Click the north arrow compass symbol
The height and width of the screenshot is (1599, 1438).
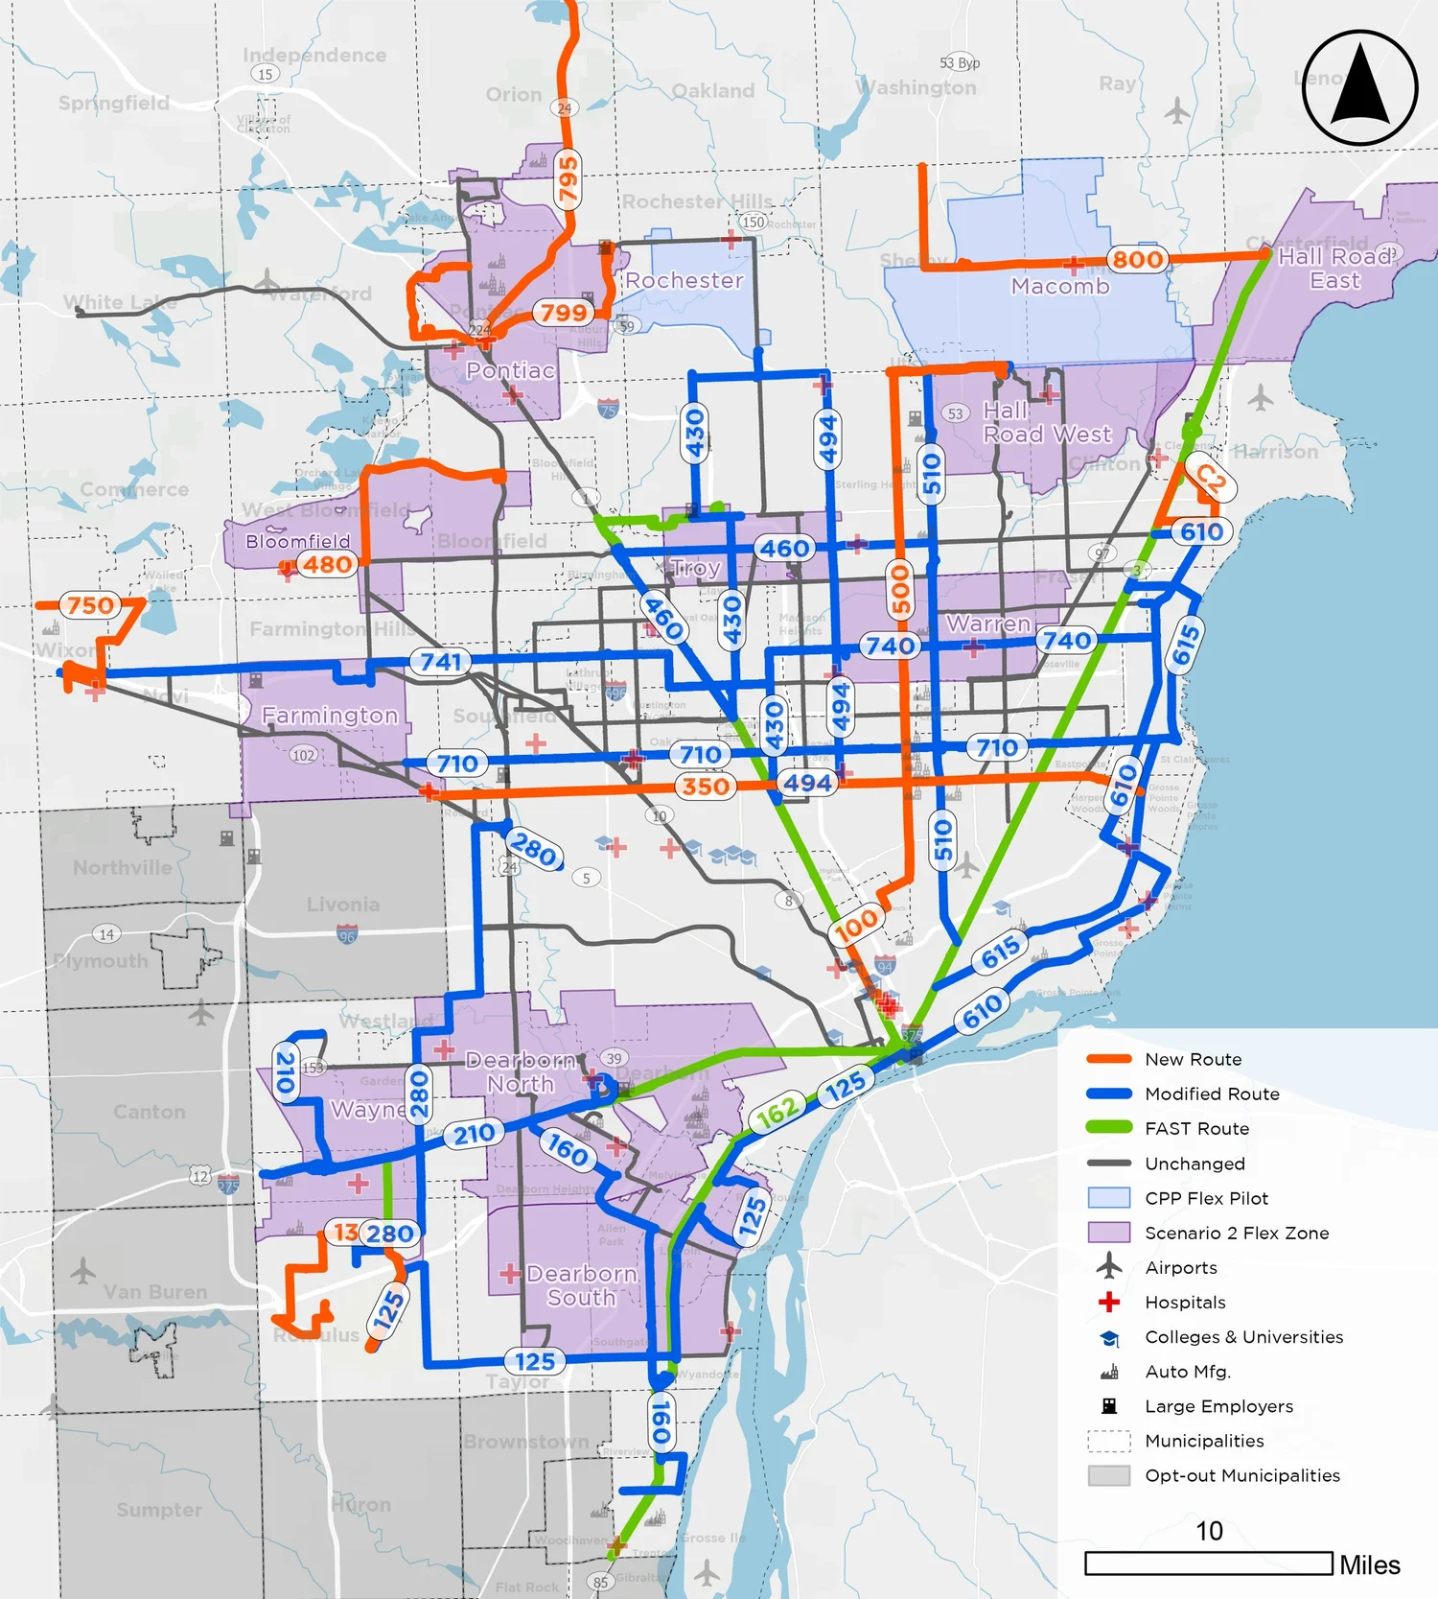(x=1359, y=87)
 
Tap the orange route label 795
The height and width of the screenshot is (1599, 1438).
(x=568, y=178)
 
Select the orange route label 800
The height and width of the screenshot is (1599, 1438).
(x=1137, y=259)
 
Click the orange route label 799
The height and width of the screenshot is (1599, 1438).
(x=563, y=313)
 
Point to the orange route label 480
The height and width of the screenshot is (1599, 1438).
(x=327, y=565)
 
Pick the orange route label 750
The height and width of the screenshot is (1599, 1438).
(x=90, y=605)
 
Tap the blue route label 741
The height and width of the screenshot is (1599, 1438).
(x=441, y=661)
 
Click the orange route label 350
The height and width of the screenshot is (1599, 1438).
(x=706, y=787)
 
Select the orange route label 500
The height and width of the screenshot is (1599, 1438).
(x=900, y=588)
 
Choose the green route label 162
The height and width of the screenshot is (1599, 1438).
(x=777, y=1114)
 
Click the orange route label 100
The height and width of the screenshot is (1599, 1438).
(x=855, y=925)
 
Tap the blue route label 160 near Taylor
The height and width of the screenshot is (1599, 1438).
(x=661, y=1421)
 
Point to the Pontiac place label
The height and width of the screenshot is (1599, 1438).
(x=510, y=370)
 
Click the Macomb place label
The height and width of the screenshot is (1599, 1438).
(x=1059, y=286)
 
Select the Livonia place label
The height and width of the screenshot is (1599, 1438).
(x=343, y=905)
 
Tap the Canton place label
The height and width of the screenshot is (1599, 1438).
(x=149, y=1112)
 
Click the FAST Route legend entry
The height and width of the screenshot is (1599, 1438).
(x=1196, y=1129)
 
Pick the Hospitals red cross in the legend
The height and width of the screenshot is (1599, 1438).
(x=1109, y=1302)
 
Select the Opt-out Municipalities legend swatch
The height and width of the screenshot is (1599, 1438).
(x=1109, y=1475)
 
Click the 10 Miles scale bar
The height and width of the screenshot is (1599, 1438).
(x=1209, y=1564)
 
